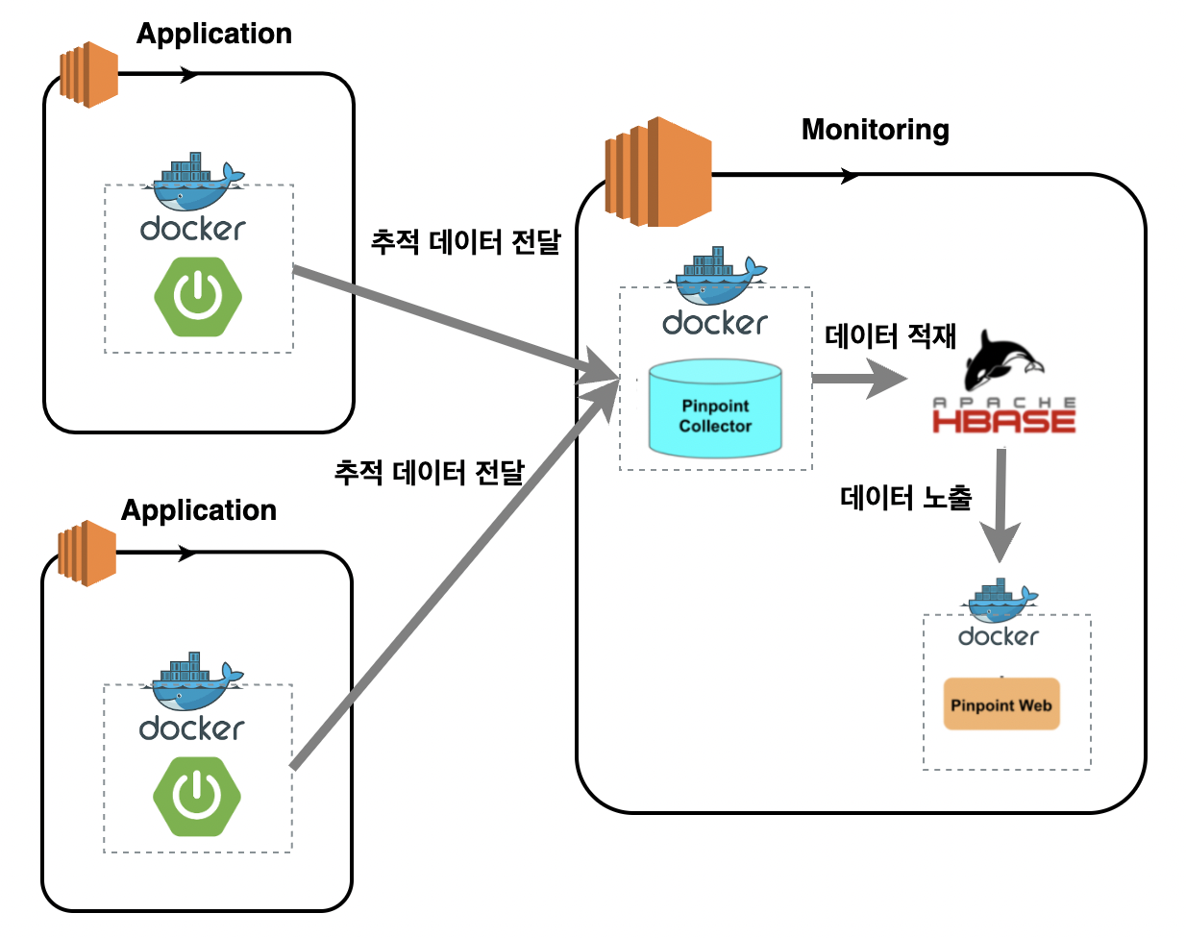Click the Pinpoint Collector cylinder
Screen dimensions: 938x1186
click(x=715, y=408)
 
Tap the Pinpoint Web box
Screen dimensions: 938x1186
click(x=1001, y=704)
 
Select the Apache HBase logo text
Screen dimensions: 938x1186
click(x=1003, y=416)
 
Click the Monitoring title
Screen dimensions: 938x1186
click(x=875, y=130)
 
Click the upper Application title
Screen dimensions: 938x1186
click(x=214, y=34)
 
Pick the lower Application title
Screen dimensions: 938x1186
click(x=199, y=510)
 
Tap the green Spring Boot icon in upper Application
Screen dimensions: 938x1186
click(x=198, y=296)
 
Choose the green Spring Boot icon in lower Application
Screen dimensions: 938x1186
click(x=197, y=796)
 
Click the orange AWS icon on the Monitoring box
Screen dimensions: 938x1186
click(x=658, y=173)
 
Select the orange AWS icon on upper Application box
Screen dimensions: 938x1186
click(x=88, y=74)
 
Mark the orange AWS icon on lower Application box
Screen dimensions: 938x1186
click(x=86, y=554)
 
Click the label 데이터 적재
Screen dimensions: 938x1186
click(x=890, y=335)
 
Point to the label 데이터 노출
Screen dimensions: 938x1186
click(x=905, y=497)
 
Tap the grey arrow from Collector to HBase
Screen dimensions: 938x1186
click(x=857, y=379)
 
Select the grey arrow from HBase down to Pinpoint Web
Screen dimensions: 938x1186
click(x=1001, y=505)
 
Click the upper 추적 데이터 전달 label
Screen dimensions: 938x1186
click(x=465, y=241)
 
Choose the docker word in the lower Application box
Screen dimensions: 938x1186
click(x=192, y=728)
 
